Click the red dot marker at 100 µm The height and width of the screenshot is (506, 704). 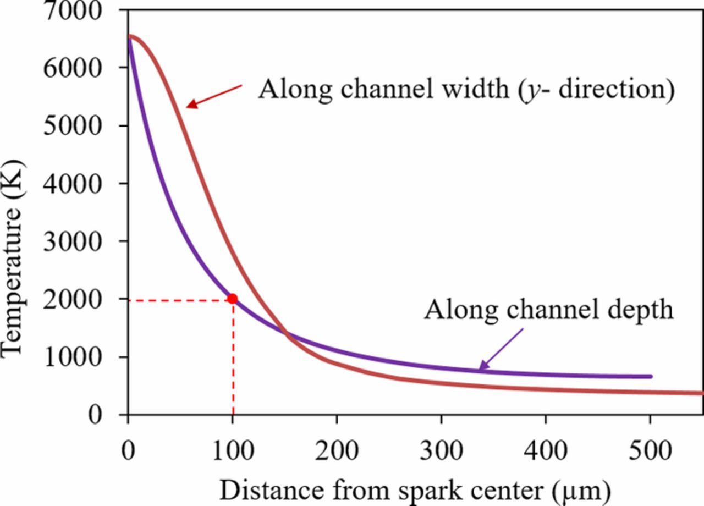click(x=232, y=299)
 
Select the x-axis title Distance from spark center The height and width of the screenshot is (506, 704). click(x=415, y=489)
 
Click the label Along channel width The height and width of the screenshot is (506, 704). click(x=466, y=89)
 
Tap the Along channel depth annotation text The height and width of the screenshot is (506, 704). click(x=548, y=309)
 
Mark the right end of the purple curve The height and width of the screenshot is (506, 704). click(x=651, y=377)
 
